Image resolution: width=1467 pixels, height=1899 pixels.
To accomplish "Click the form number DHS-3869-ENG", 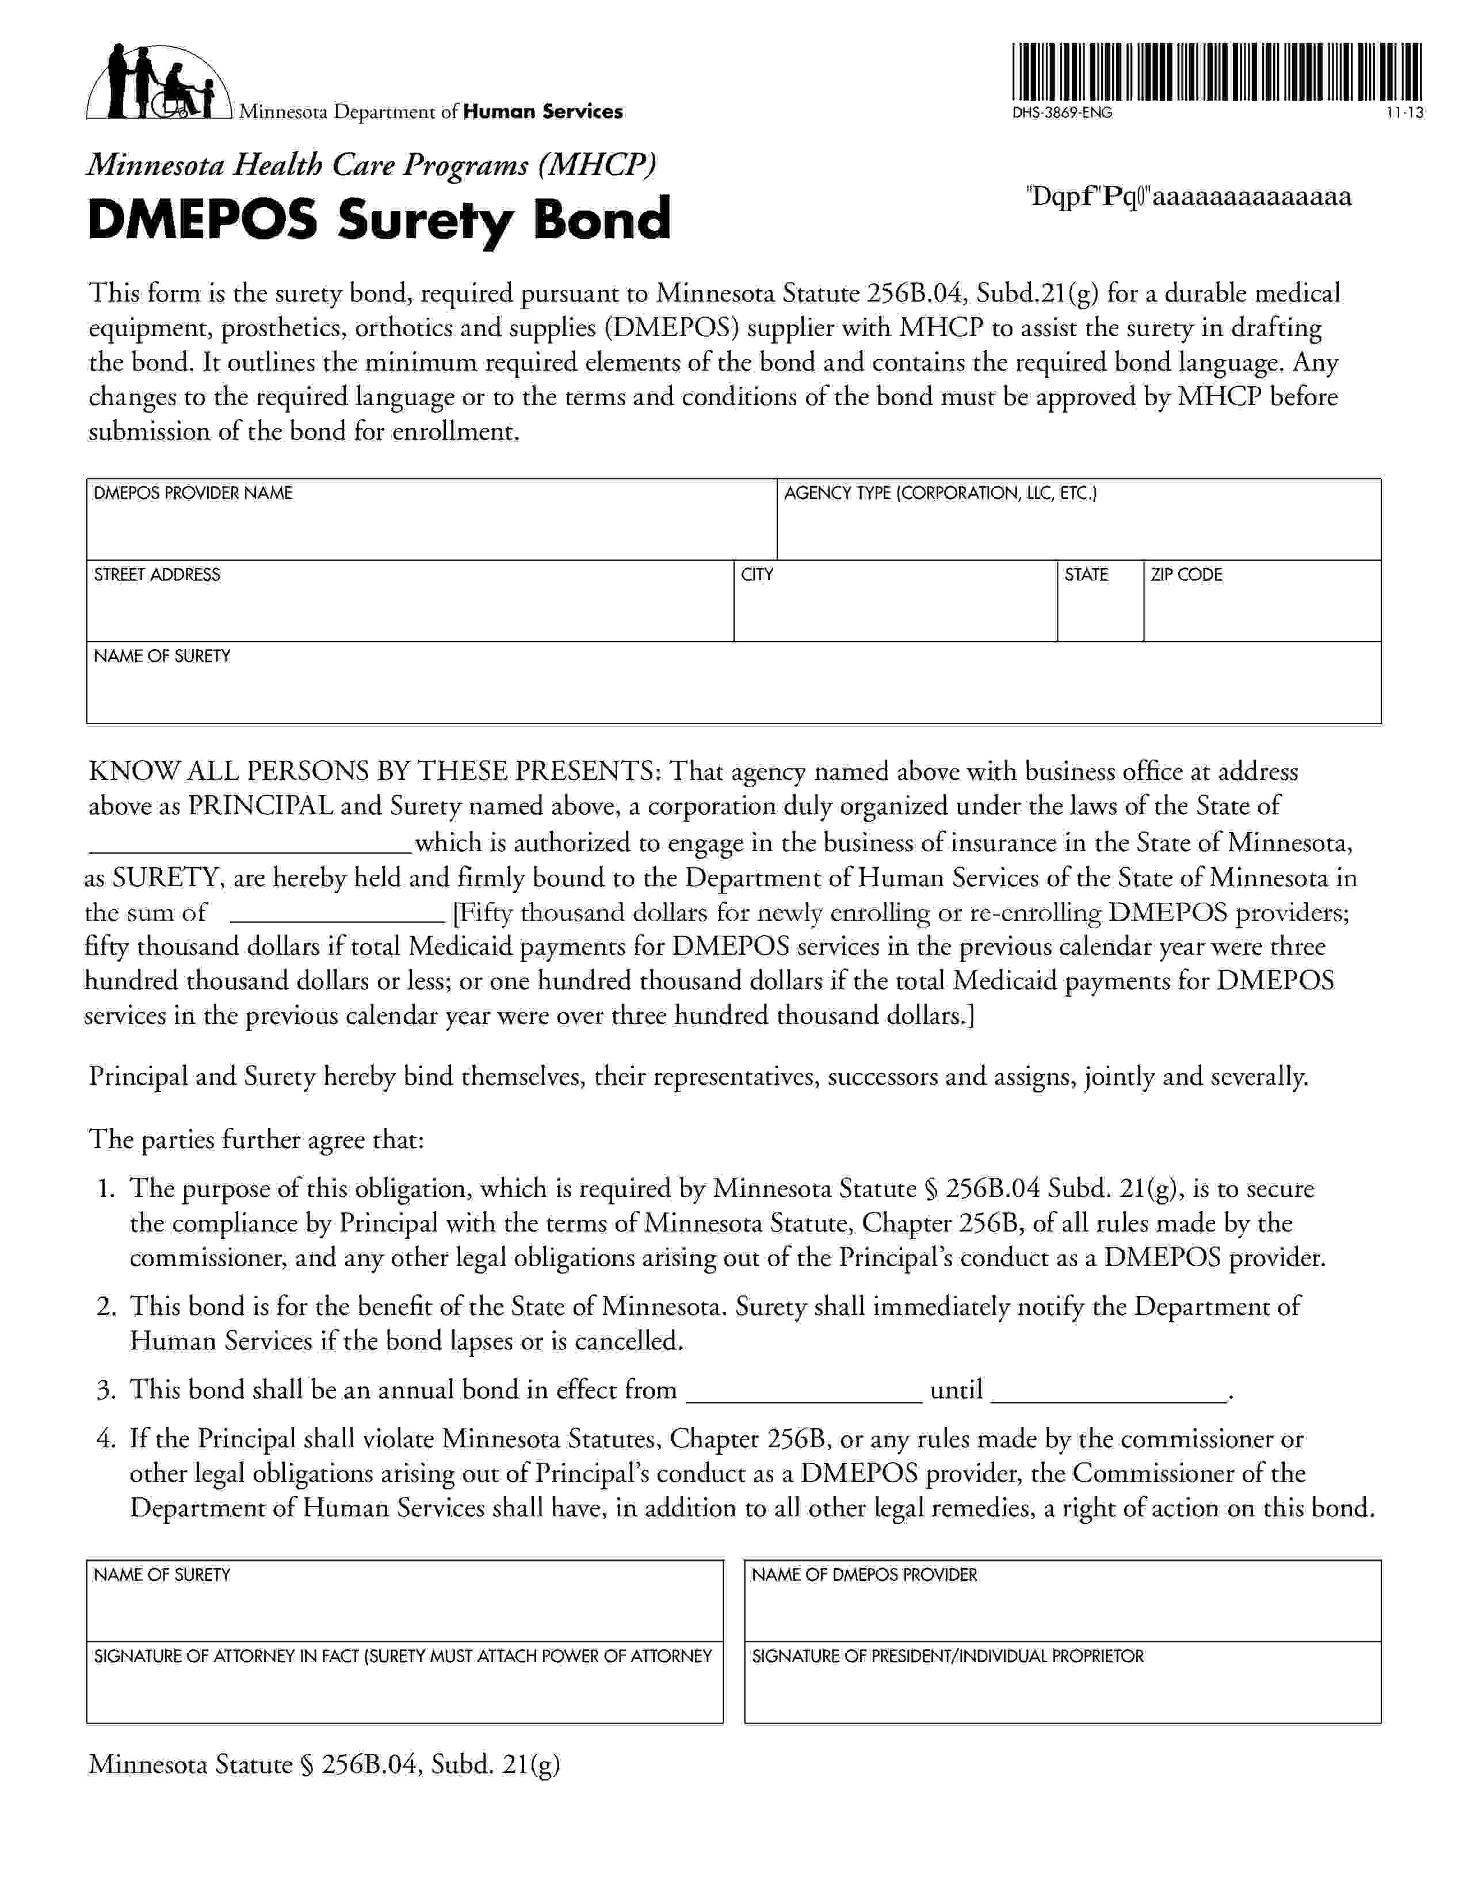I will point(1061,113).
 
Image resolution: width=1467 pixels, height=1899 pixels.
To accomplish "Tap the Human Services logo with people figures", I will point(159,81).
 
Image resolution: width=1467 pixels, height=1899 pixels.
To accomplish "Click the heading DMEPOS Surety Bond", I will point(379,219).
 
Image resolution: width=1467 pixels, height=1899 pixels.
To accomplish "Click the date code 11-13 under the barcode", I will point(1405,113).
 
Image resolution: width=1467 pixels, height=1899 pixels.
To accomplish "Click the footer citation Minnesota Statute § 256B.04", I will point(324,1765).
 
